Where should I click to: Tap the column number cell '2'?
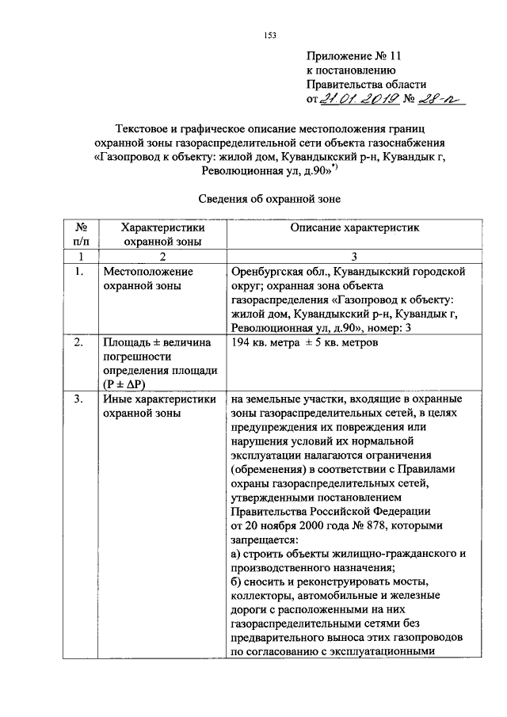pos(162,257)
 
